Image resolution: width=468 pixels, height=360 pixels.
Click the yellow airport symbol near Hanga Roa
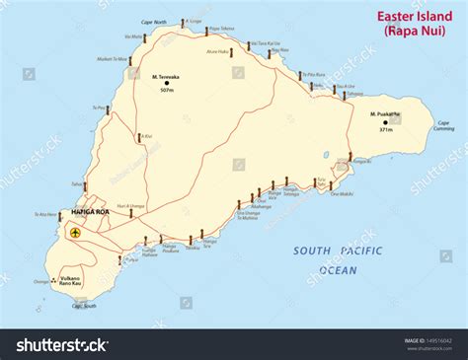[x=74, y=234]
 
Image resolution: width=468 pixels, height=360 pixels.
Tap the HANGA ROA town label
[x=90, y=212]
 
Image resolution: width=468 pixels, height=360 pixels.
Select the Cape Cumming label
[x=443, y=127]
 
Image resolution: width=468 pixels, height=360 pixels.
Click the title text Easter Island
[x=412, y=15]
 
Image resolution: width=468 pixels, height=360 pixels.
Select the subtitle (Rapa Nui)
[x=412, y=32]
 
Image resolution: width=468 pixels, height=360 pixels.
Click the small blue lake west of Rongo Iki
[x=326, y=154]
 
